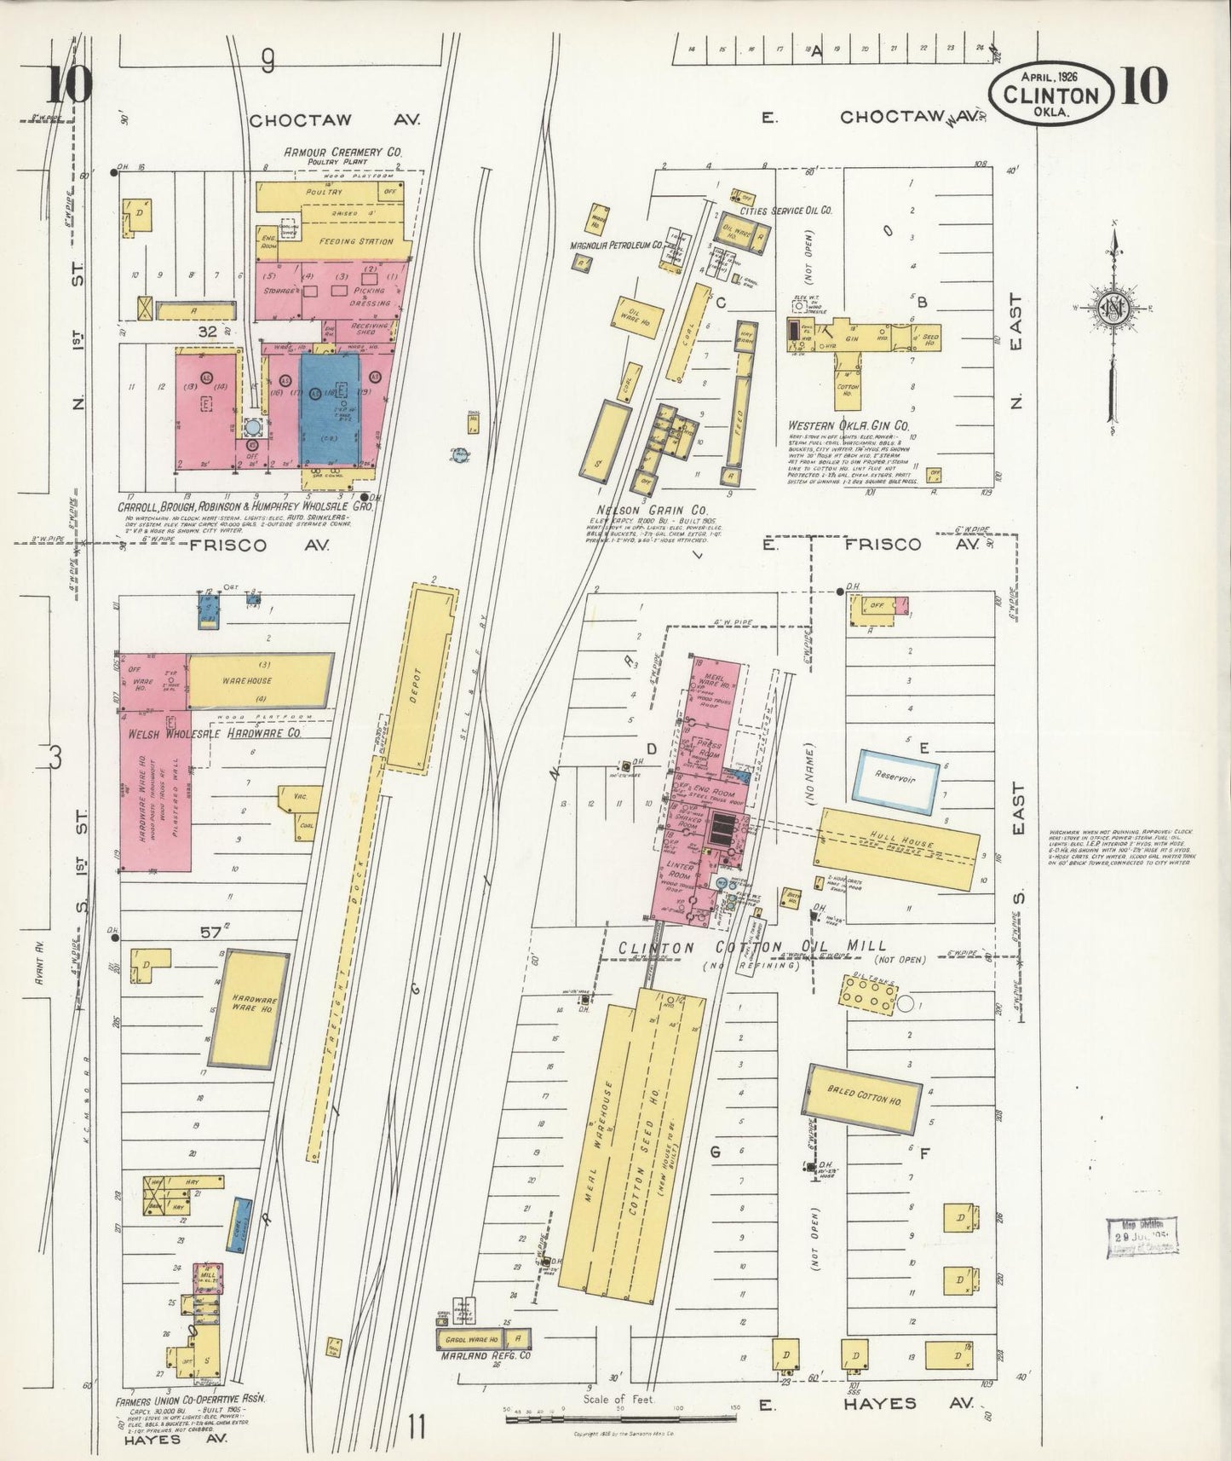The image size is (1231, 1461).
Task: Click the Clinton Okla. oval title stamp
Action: (1050, 95)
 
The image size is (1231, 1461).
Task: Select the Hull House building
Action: (902, 847)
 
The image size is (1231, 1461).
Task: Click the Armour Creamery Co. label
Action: (342, 153)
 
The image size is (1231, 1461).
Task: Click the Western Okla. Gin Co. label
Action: (848, 424)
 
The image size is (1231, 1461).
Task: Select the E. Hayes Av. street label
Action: (869, 1403)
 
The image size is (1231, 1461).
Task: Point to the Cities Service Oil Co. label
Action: (786, 210)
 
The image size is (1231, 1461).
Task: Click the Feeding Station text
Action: (356, 241)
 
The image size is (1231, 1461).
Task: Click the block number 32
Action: (208, 332)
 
